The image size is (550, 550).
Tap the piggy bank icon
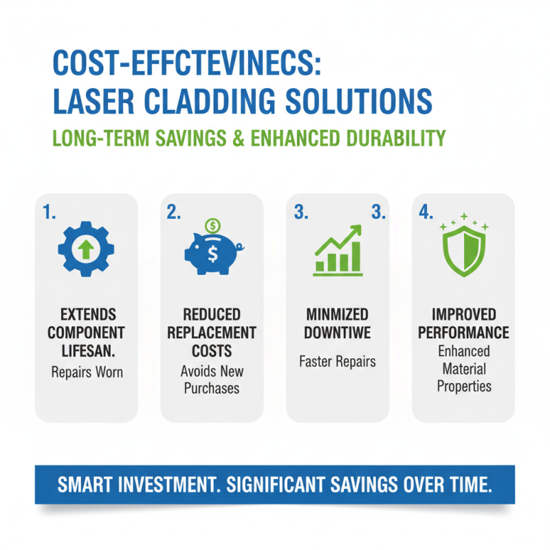click(212, 252)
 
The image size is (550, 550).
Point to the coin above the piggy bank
click(213, 225)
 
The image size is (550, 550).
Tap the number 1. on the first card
click(49, 213)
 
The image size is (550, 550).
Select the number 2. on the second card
click(174, 213)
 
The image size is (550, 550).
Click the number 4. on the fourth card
click(426, 213)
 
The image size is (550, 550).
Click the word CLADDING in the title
click(203, 102)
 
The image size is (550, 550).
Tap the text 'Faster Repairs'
click(338, 362)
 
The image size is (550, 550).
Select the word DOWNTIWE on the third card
click(338, 333)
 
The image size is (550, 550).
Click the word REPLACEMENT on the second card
click(212, 333)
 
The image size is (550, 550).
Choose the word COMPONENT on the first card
click(86, 333)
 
